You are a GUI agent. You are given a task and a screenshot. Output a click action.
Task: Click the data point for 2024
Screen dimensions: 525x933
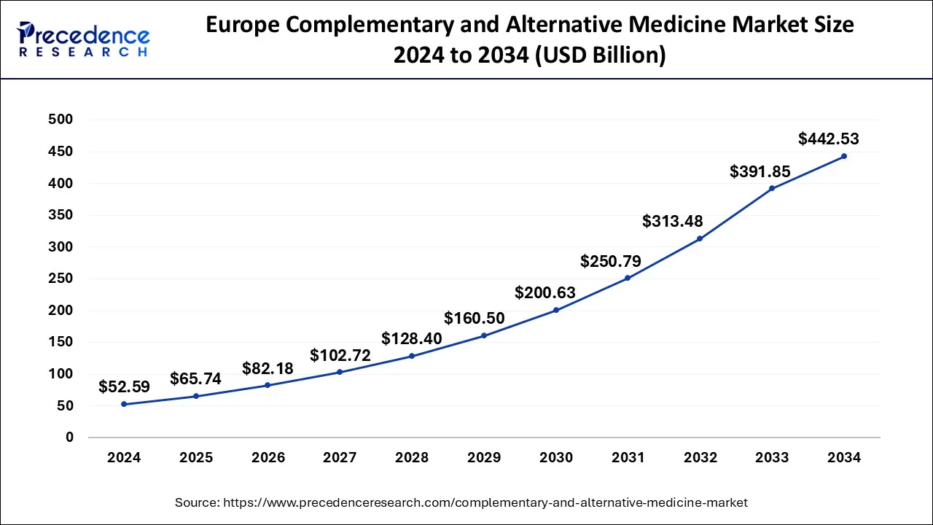pos(124,404)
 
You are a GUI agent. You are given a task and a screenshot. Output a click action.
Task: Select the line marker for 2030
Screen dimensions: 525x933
pos(556,310)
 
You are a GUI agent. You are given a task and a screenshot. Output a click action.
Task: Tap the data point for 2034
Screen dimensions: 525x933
pos(844,156)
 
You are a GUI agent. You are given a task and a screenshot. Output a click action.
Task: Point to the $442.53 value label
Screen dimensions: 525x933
pos(829,139)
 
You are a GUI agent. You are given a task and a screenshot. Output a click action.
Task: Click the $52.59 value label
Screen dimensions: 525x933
pos(124,386)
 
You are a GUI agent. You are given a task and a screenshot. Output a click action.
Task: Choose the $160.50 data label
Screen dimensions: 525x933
pos(474,318)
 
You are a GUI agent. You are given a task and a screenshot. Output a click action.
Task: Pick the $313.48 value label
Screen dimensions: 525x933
pos(673,221)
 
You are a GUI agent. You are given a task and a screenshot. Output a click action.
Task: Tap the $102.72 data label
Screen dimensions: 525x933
pos(340,355)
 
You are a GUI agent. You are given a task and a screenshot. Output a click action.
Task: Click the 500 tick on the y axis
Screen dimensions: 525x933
pos(60,120)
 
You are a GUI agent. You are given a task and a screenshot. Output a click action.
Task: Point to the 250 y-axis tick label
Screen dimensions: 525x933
pos(60,279)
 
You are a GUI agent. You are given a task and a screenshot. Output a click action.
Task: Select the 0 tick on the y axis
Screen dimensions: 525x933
pos(70,437)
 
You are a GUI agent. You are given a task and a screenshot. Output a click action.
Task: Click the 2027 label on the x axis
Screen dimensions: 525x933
pos(340,458)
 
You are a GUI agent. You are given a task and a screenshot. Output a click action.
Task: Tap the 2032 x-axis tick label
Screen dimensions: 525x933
pos(700,458)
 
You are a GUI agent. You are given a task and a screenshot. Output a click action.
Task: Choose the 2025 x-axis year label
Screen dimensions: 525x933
pos(196,458)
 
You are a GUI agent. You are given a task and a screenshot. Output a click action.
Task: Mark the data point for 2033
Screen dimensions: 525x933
pos(772,188)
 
